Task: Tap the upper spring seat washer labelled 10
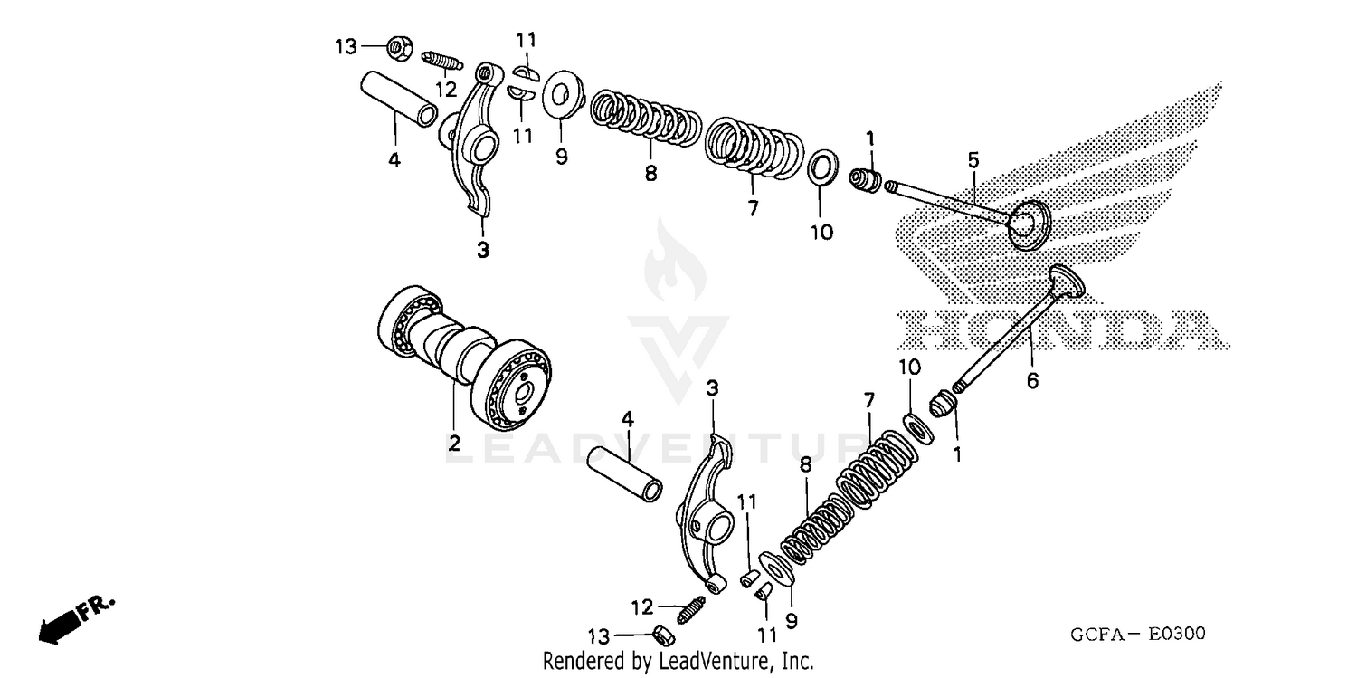[x=821, y=168]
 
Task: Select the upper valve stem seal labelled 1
[x=867, y=178]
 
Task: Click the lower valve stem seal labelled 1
[x=943, y=402]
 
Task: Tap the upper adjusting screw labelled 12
[x=442, y=59]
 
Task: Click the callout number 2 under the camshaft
[x=454, y=444]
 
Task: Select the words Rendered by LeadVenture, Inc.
[x=678, y=661]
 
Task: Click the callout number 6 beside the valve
[x=1032, y=381]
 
